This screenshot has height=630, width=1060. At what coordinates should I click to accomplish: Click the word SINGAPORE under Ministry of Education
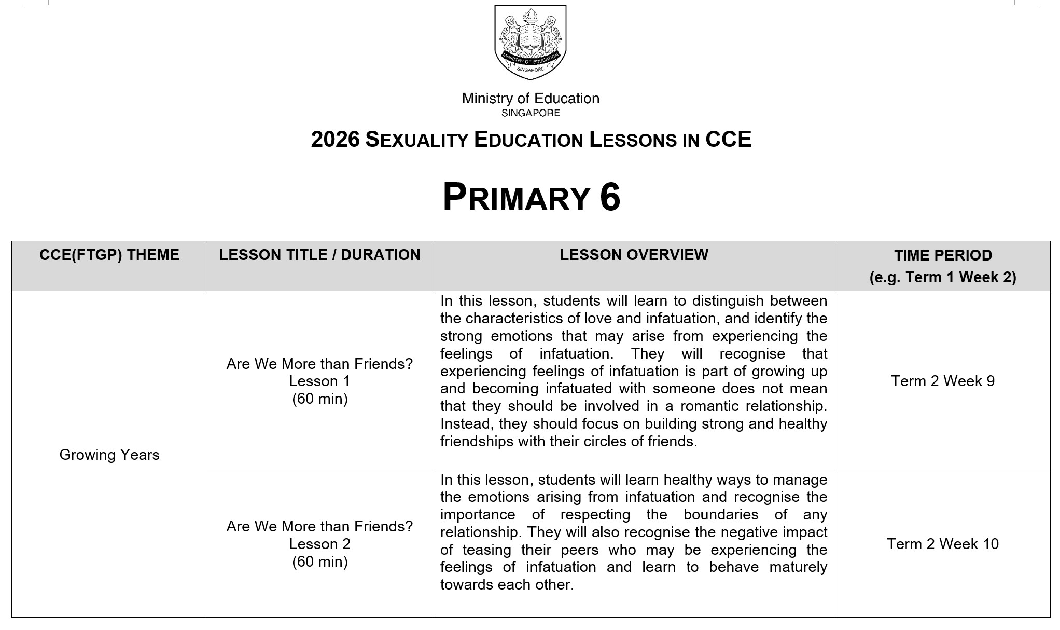[531, 113]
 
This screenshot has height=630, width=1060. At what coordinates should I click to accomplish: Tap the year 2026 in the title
[335, 140]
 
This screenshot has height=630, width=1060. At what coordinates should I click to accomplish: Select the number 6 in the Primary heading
[610, 198]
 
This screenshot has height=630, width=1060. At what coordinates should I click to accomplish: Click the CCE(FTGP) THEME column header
[109, 255]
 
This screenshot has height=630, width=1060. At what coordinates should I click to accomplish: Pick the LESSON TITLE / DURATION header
[319, 255]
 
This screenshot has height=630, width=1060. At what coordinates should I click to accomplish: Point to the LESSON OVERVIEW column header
[634, 255]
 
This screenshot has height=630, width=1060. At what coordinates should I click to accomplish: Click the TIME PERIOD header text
[943, 255]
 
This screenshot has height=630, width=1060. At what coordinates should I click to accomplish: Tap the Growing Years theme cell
[109, 455]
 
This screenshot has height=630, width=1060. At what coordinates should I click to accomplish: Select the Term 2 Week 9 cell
[943, 381]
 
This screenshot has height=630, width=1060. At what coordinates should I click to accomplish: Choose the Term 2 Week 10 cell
[943, 544]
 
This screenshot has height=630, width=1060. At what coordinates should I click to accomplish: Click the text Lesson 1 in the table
[319, 381]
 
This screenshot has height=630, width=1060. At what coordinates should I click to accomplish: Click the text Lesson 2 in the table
[319, 544]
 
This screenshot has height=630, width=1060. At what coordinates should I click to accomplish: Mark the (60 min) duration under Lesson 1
[319, 399]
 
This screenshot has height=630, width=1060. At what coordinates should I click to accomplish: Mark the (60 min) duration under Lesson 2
[319, 561]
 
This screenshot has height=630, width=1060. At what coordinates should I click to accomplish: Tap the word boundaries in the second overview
[721, 514]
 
